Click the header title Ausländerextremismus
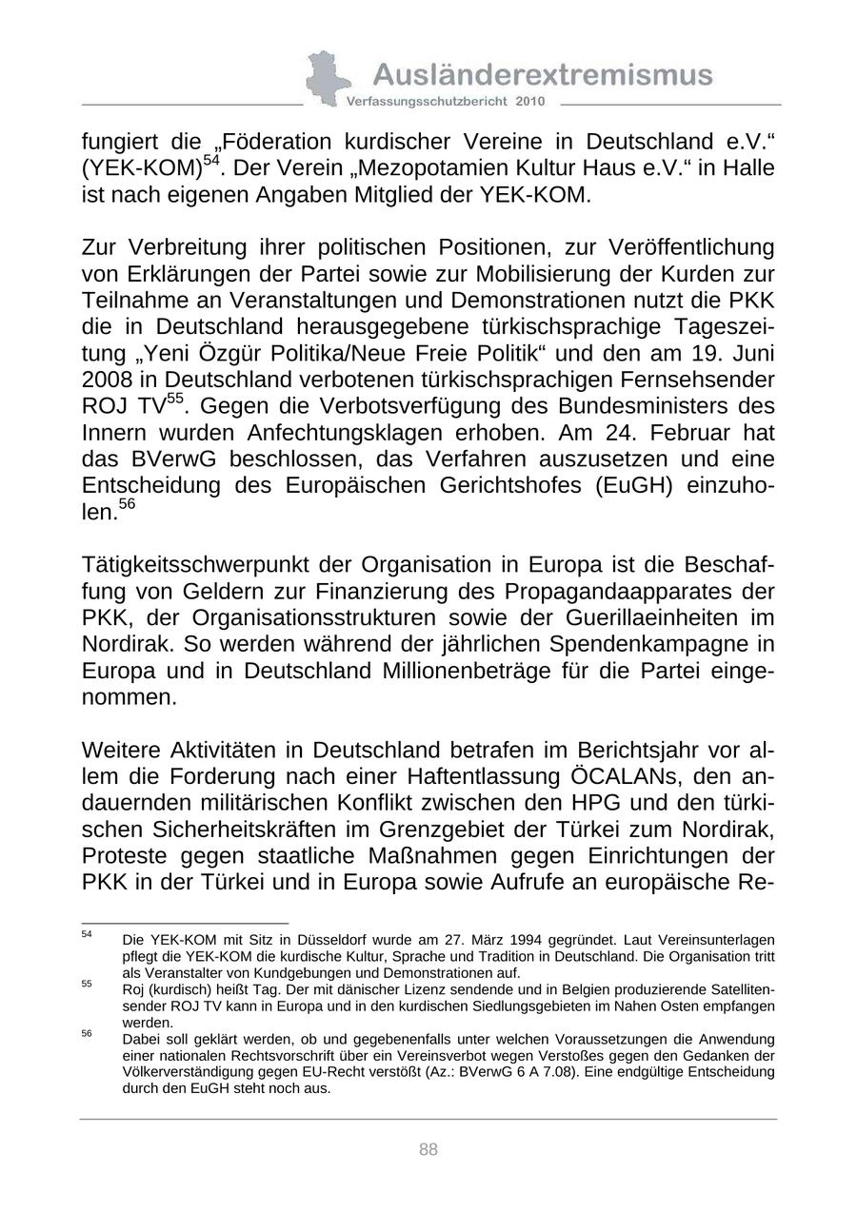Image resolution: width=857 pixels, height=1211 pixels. [x=543, y=74]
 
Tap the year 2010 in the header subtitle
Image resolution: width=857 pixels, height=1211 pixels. [x=531, y=101]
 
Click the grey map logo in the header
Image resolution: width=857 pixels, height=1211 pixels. [x=324, y=78]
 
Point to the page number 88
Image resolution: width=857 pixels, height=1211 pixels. [x=428, y=1150]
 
